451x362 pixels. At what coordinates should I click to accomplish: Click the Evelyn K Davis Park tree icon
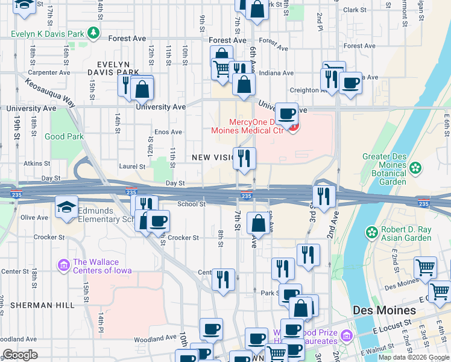click(x=93, y=33)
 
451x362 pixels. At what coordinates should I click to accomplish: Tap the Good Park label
click(x=64, y=136)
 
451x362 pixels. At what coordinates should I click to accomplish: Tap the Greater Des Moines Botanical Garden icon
click(x=414, y=168)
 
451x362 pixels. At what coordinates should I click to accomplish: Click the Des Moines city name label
click(x=384, y=310)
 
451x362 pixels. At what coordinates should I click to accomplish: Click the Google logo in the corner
click(x=20, y=355)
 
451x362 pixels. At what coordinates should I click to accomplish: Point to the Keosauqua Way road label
click(x=50, y=92)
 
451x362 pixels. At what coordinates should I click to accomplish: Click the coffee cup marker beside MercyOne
click(x=287, y=113)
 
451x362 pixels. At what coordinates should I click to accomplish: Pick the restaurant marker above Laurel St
click(x=244, y=159)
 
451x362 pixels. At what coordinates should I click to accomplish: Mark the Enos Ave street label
click(x=168, y=132)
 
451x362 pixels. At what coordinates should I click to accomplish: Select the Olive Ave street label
click(x=34, y=217)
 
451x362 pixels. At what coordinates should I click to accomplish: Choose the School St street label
click(x=191, y=204)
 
